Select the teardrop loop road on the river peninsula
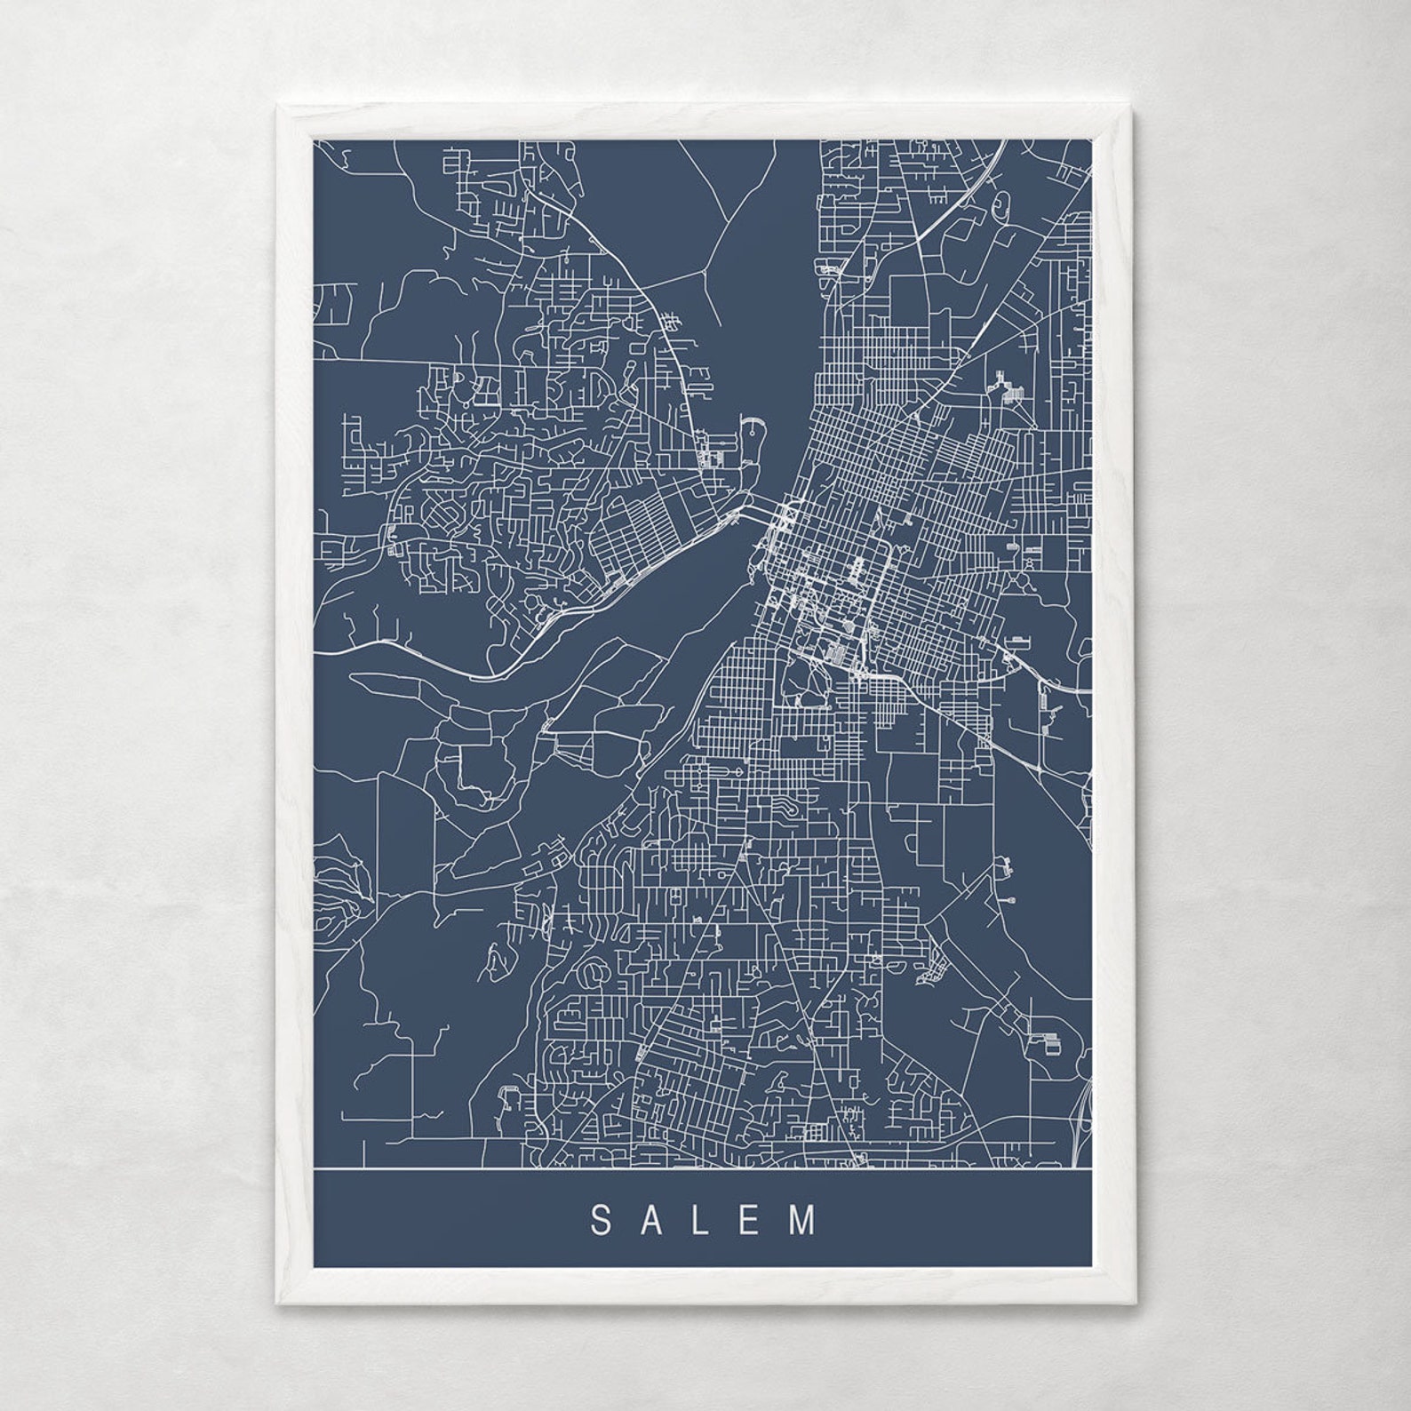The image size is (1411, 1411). [x=755, y=442]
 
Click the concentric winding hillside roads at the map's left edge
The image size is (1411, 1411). [x=338, y=897]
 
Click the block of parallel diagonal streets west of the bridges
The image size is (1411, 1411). [x=640, y=533]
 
